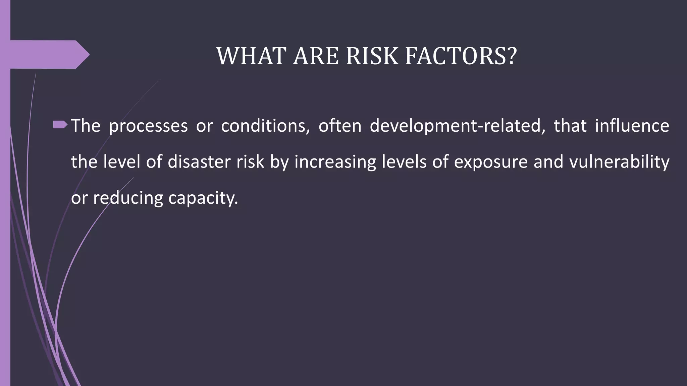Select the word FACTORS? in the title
pos(461,56)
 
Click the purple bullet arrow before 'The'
pos(60,125)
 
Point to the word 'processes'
pos(148,126)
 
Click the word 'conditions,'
pos(265,126)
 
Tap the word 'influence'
pos(632,126)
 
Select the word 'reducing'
pos(128,198)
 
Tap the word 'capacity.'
pos(203,198)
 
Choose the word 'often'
pos(340,126)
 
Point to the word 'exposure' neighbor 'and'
pos(548,162)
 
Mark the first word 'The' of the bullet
pos(86,126)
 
